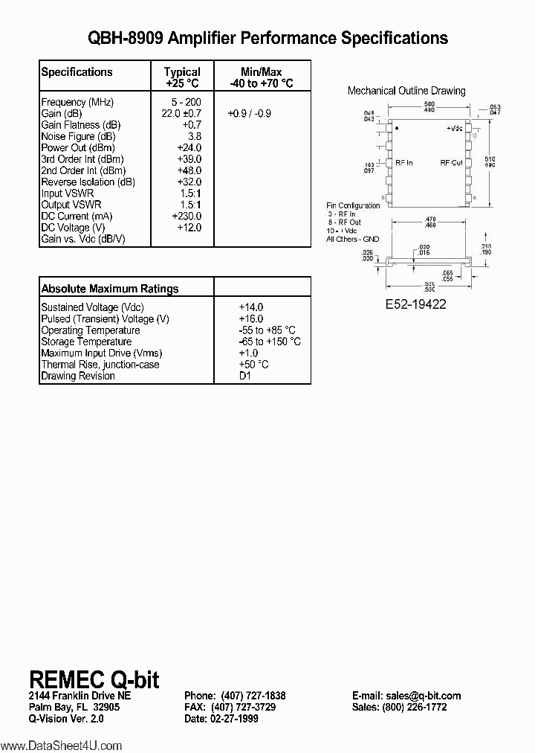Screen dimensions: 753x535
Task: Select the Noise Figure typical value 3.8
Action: point(194,136)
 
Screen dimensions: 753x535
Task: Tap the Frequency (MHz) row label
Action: point(77,102)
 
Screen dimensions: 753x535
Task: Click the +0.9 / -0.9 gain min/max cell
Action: point(250,114)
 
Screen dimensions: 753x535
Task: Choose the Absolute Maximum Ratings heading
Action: point(109,289)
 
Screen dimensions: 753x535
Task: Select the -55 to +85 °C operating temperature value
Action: point(267,330)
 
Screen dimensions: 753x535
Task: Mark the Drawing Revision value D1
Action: point(245,376)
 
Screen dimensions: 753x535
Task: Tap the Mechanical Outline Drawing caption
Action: point(406,91)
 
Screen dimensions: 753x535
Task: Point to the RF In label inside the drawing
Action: point(404,162)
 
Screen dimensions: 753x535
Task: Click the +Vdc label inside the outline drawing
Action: point(454,129)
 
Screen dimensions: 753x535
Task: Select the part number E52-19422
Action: point(416,304)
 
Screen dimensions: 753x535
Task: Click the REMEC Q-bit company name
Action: point(94,679)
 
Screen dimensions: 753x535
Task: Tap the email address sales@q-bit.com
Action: point(406,696)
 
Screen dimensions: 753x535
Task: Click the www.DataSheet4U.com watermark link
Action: point(61,745)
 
